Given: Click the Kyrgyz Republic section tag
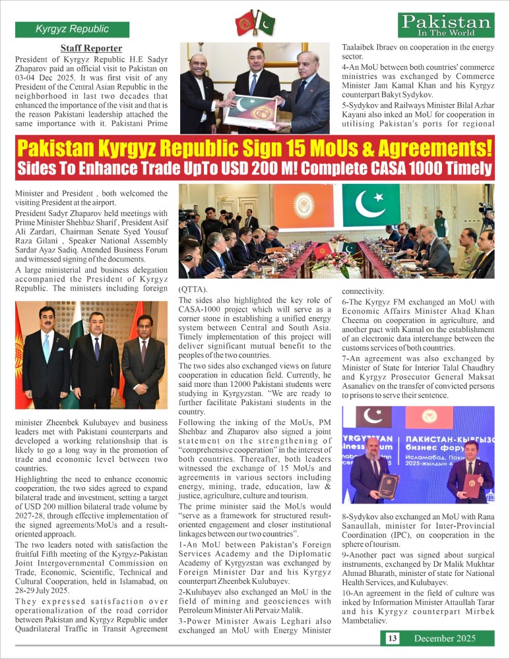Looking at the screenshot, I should pos(73,29).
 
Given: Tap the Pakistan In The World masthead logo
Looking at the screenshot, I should pos(447,26).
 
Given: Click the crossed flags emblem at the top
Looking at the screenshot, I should pos(255,23).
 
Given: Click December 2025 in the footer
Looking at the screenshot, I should pos(444,638).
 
